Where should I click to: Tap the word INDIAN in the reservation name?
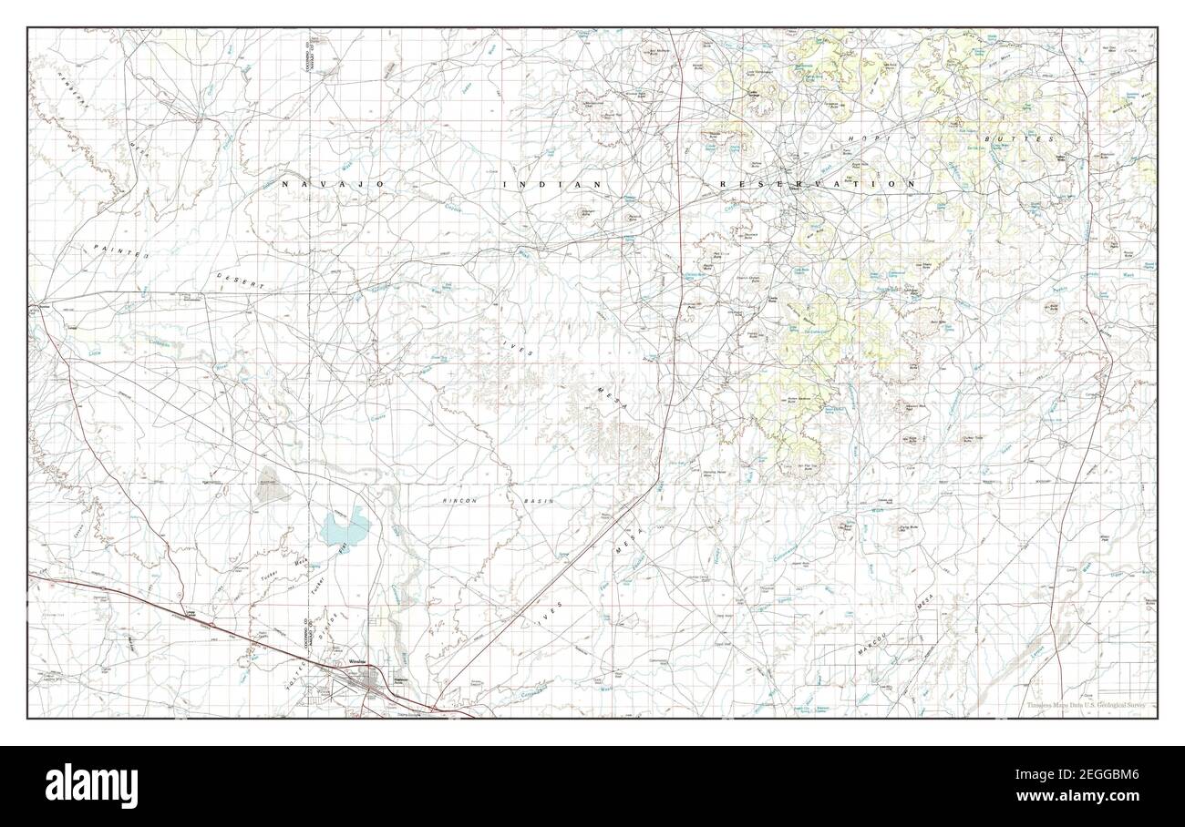[x=551, y=184]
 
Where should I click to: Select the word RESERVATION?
[x=817, y=184]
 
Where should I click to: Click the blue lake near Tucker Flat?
[x=344, y=526]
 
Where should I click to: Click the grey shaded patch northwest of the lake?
[x=271, y=488]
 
